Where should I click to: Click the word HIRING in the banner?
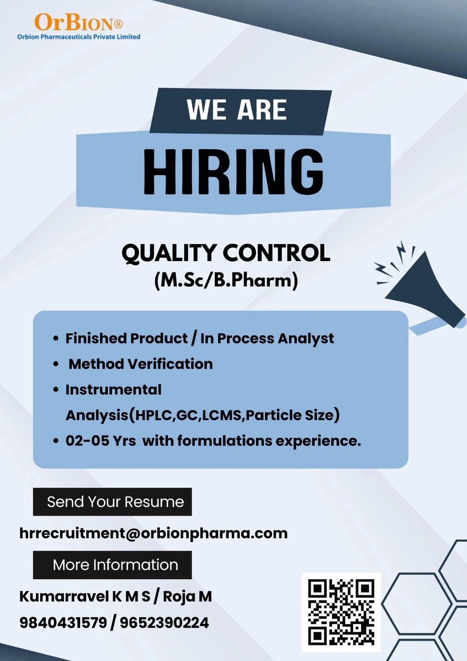tap(233, 172)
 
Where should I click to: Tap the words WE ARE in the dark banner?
tap(237, 109)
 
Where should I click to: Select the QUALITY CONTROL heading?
tap(226, 253)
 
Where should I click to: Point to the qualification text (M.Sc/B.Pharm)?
tap(226, 281)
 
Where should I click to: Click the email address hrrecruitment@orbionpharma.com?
tap(154, 533)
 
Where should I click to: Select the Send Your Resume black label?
tap(112, 502)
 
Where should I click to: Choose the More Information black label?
tap(112, 565)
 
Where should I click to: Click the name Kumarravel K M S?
tap(85, 597)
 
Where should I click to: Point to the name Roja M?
tap(187, 597)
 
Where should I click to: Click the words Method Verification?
tap(141, 364)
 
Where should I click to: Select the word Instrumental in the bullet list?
tap(114, 390)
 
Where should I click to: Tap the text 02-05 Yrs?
tap(101, 441)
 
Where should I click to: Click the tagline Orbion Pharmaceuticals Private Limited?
tap(79, 37)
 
